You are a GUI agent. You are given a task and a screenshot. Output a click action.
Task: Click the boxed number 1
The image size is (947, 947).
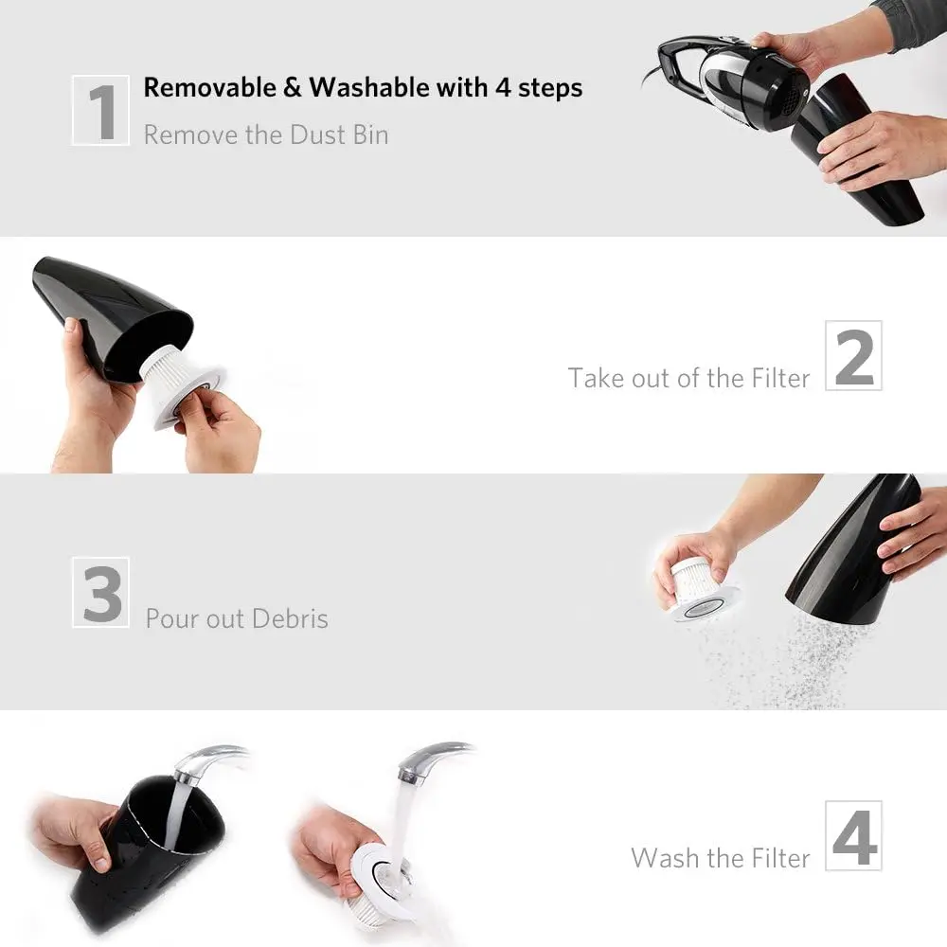pyautogui.click(x=101, y=111)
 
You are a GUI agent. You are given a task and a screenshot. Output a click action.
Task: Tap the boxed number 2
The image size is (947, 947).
pyautogui.click(x=853, y=356)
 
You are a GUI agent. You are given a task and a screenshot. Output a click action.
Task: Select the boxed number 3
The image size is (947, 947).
pyautogui.click(x=101, y=593)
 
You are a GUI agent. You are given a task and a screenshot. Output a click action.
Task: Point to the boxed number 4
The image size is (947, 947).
pyautogui.click(x=853, y=836)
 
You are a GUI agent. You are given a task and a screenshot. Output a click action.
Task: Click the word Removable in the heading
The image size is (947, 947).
pyautogui.click(x=209, y=87)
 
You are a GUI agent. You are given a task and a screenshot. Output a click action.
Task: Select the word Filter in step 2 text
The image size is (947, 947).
pyautogui.click(x=780, y=379)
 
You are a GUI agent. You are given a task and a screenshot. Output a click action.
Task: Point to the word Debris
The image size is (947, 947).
pyautogui.click(x=290, y=619)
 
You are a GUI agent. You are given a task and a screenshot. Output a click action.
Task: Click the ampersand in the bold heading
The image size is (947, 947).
pyautogui.click(x=293, y=87)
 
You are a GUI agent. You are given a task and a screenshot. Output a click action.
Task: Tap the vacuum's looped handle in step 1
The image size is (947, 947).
pyautogui.click(x=683, y=65)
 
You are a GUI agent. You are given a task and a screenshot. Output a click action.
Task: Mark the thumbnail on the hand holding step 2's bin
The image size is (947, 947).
pyautogui.click(x=71, y=326)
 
